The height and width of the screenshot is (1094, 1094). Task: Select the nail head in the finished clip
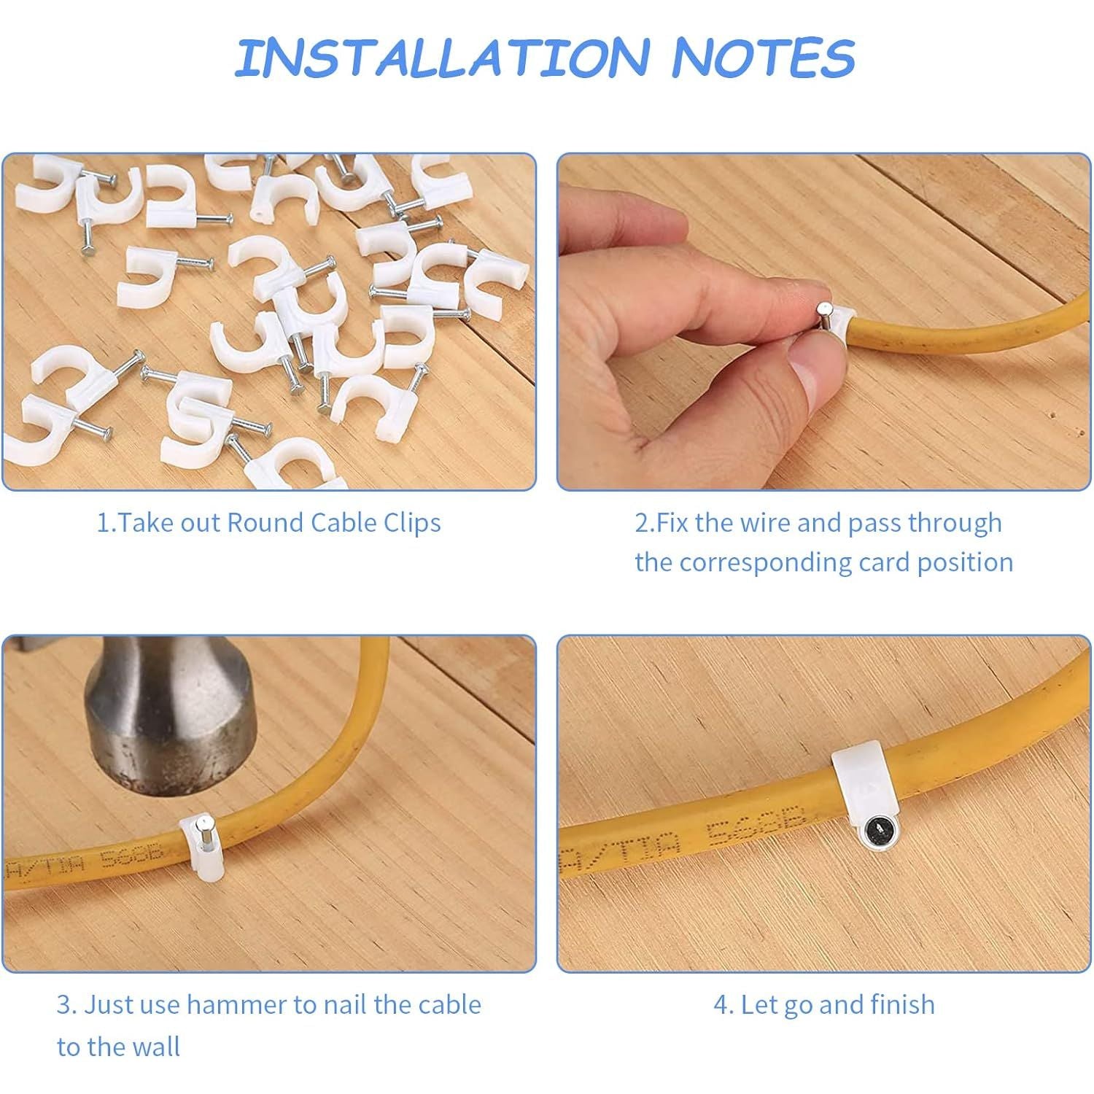(x=872, y=831)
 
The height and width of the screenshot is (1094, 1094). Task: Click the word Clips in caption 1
(x=412, y=523)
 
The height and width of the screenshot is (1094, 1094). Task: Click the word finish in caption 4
(x=903, y=1005)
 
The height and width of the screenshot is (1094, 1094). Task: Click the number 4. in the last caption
(x=723, y=1005)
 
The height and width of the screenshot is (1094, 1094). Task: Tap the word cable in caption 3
(x=448, y=1005)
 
